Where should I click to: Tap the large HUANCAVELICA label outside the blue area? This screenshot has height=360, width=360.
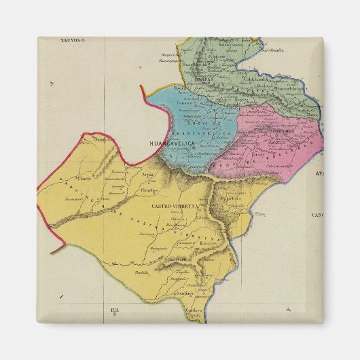coord(168,145)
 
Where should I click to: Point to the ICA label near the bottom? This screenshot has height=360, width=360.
coord(114,310)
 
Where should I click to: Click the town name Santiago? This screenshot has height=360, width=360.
coord(184,293)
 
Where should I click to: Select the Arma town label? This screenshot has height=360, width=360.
coord(147,175)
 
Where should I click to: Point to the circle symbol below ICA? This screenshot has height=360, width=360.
coord(114,316)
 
